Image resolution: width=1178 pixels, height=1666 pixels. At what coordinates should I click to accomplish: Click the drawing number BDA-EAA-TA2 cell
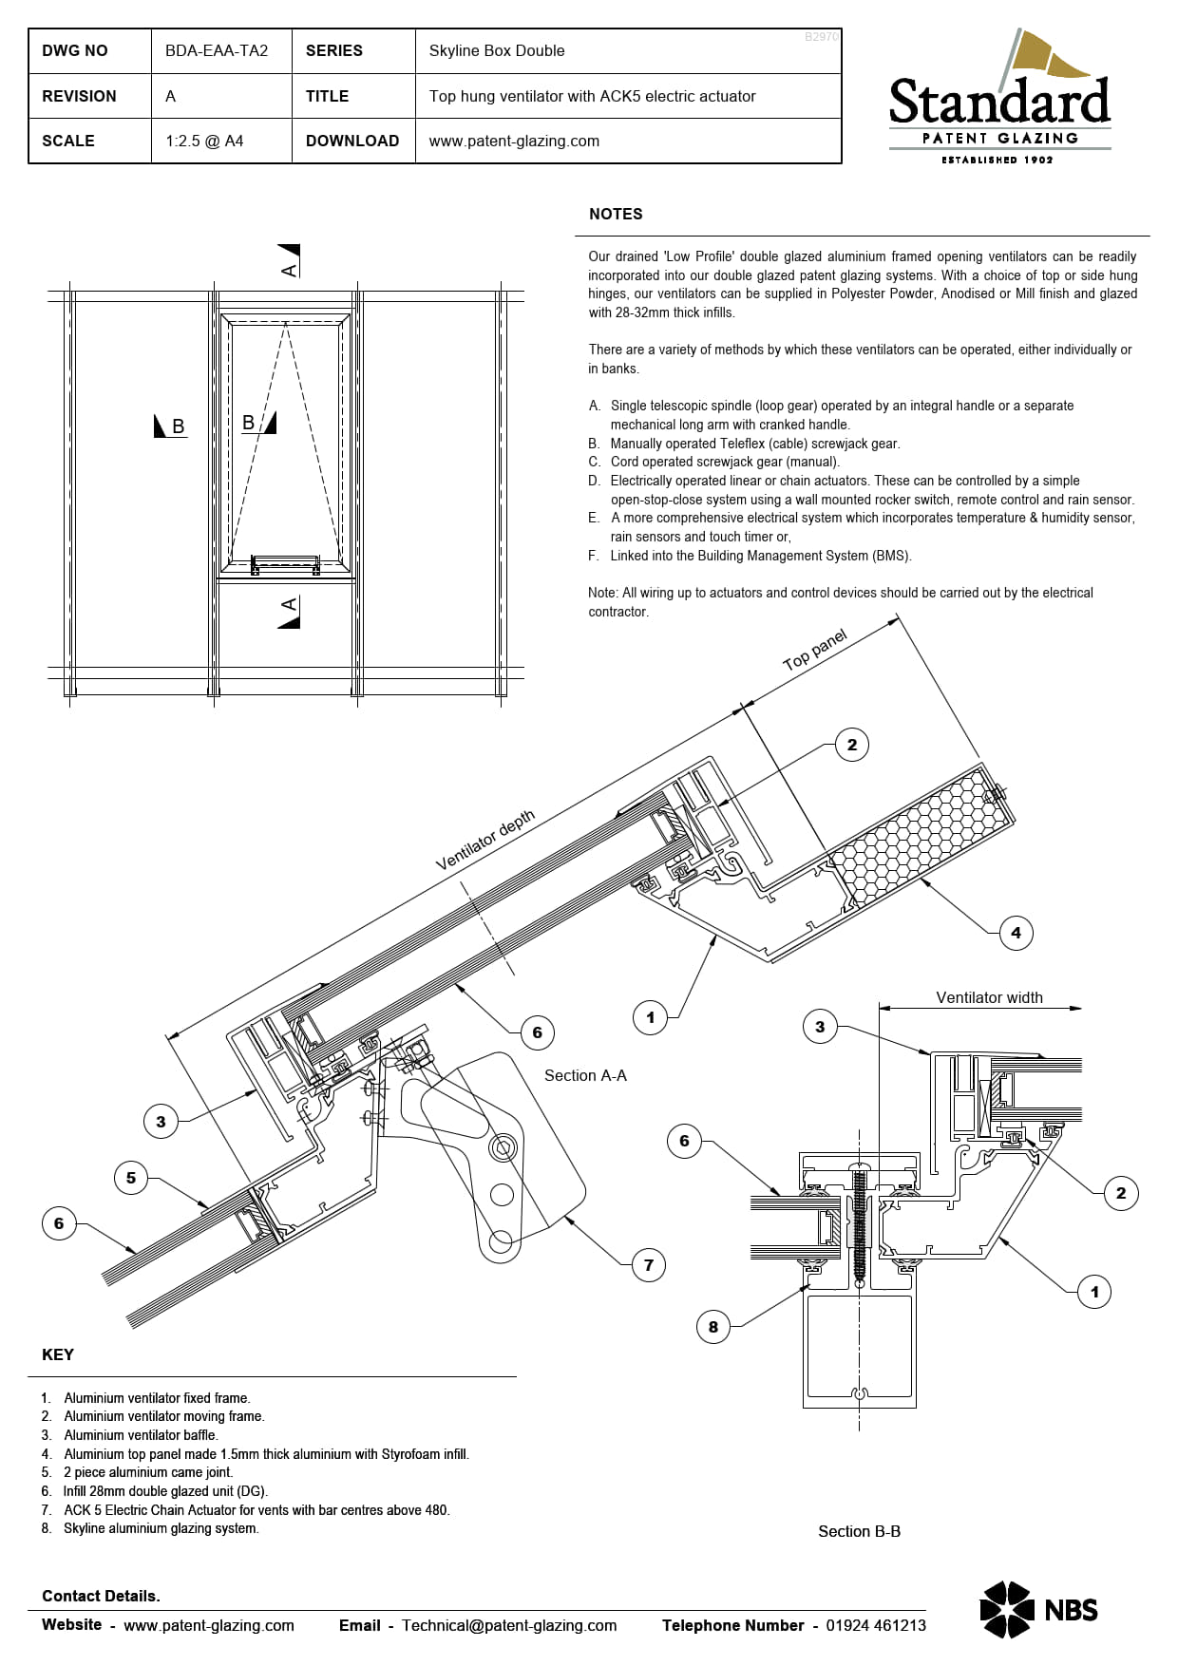tap(217, 51)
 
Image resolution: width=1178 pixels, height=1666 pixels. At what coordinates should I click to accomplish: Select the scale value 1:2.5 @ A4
tap(204, 141)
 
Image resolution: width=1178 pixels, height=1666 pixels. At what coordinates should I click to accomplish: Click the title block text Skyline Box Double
tap(496, 51)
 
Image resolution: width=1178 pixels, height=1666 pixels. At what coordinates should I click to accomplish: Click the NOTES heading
tap(616, 215)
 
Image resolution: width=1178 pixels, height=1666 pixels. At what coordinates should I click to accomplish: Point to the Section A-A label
tap(585, 1075)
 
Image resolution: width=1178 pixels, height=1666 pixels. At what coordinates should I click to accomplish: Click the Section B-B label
tap(859, 1531)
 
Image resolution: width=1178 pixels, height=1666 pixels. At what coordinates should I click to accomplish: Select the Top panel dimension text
tap(814, 651)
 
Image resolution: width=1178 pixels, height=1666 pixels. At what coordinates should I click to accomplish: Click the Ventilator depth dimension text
tap(485, 840)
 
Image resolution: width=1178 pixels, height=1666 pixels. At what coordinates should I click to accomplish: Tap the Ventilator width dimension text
tap(989, 997)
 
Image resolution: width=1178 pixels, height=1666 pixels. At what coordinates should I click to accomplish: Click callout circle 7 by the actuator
tap(649, 1264)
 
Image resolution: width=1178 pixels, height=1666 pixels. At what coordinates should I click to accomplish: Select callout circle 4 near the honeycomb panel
tap(1016, 933)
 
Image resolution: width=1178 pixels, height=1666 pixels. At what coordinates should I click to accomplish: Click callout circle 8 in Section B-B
tap(713, 1327)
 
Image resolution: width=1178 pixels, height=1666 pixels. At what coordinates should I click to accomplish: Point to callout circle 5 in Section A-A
tap(131, 1178)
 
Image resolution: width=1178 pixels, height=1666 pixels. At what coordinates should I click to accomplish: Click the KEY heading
tap(58, 1354)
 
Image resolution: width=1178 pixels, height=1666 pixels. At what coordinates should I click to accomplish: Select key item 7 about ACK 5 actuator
tap(256, 1509)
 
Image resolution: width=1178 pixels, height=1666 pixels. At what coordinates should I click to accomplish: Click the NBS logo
tap(1038, 1609)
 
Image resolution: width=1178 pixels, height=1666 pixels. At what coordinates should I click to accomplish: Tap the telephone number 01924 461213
tap(875, 1625)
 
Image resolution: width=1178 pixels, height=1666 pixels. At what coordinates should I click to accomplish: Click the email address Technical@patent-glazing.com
tap(508, 1625)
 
